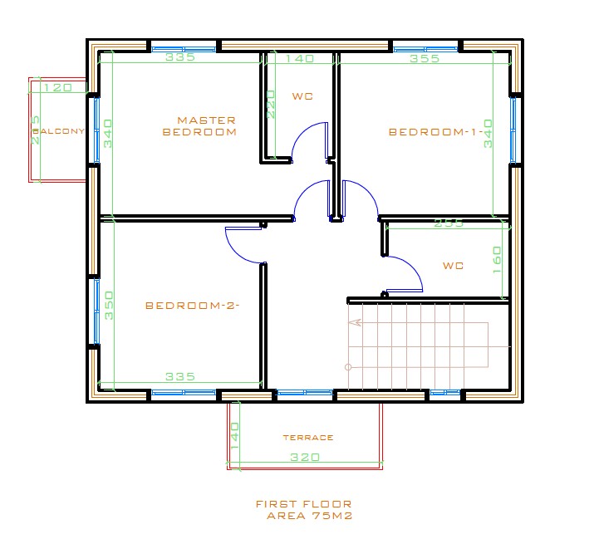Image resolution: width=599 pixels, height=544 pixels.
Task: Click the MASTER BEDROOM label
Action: click(199, 125)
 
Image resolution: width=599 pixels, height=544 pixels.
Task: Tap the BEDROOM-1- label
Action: click(425, 131)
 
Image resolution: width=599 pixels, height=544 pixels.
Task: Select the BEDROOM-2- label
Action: click(192, 305)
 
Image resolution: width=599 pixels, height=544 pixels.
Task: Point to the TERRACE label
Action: click(307, 438)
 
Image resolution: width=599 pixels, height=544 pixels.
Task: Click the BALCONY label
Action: click(58, 131)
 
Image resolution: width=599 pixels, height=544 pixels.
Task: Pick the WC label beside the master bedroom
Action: click(302, 96)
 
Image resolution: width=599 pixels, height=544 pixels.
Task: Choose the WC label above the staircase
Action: click(453, 266)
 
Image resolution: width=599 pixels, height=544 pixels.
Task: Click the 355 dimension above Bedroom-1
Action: click(425, 59)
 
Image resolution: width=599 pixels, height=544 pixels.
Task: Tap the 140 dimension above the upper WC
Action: click(300, 59)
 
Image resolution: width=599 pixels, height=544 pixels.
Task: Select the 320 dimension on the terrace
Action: click(305, 458)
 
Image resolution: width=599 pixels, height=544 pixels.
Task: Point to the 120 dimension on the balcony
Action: click(57, 87)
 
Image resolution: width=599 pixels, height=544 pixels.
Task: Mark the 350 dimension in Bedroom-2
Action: click(109, 306)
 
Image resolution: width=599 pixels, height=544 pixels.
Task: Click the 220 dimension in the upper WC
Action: click(271, 105)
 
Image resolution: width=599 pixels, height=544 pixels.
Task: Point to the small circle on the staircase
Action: click(348, 366)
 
